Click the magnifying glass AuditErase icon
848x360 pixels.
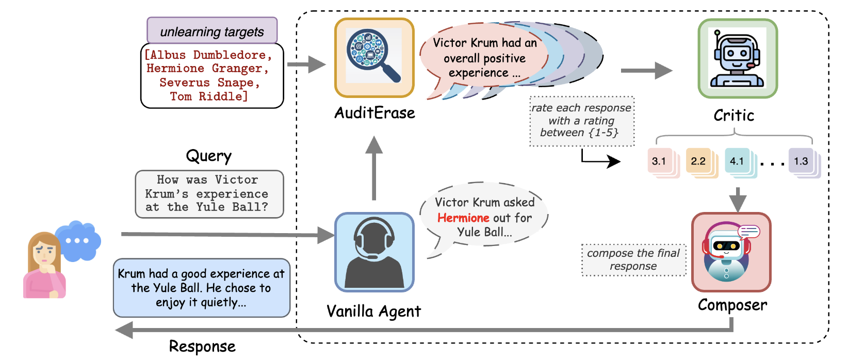tap(374, 58)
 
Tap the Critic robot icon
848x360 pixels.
tap(737, 58)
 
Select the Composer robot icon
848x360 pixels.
tap(730, 252)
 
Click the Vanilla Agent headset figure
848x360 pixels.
tap(374, 252)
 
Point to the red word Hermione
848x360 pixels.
tap(463, 218)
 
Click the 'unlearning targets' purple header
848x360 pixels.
tap(212, 31)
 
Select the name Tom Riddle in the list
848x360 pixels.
tap(209, 96)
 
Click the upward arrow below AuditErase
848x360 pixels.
tap(374, 168)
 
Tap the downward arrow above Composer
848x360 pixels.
tap(738, 199)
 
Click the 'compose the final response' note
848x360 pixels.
tap(633, 260)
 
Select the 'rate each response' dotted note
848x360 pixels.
tap(581, 121)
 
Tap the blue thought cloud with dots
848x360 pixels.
tap(78, 240)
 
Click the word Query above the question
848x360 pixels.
tap(208, 156)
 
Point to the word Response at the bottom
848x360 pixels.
tap(202, 347)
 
